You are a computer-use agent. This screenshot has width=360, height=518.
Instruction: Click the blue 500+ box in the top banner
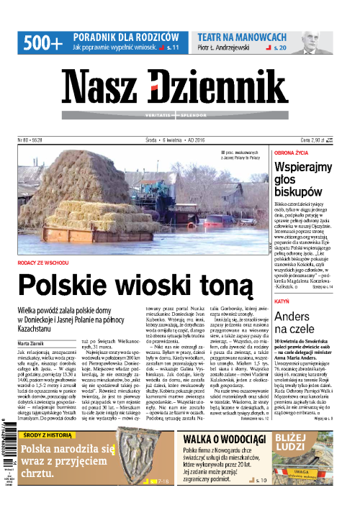pyautogui.click(x=42, y=42)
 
